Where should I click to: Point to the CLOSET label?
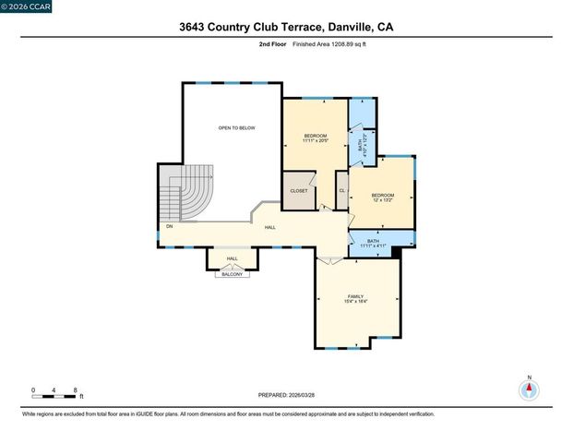[x=299, y=191]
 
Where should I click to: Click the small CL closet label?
[x=341, y=191]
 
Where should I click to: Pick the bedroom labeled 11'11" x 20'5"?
[x=315, y=139]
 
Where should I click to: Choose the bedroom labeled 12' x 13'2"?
[x=383, y=198]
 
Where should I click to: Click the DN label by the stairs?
[x=169, y=226]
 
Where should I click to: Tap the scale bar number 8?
[x=75, y=390]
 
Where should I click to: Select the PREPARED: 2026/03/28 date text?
[x=286, y=395]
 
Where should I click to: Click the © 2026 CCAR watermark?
[x=27, y=6]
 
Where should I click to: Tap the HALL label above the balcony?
[x=232, y=258]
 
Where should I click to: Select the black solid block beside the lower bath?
[x=397, y=250]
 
